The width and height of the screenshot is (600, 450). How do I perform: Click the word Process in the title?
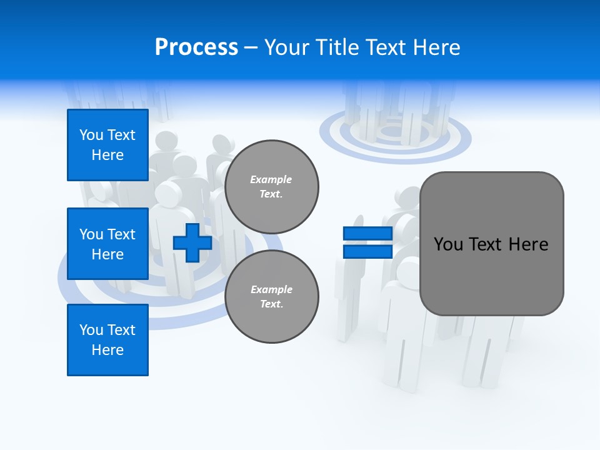pyautogui.click(x=196, y=47)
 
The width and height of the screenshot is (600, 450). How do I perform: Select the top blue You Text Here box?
pyautogui.click(x=107, y=145)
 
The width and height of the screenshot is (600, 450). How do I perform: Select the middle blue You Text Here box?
pyautogui.click(x=107, y=244)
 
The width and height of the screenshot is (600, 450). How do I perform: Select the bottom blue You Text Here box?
pyautogui.click(x=107, y=340)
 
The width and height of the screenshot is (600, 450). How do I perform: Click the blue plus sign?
pyautogui.click(x=192, y=242)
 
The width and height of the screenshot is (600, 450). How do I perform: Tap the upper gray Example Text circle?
pyautogui.click(x=271, y=186)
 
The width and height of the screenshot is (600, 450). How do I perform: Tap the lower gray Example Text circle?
pyautogui.click(x=271, y=296)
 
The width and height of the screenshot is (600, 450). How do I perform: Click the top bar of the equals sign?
pyautogui.click(x=367, y=234)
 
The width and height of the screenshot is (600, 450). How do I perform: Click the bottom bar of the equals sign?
pyautogui.click(x=367, y=251)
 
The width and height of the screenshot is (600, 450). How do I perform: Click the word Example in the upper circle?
pyautogui.click(x=271, y=179)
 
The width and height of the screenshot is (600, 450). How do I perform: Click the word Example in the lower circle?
pyautogui.click(x=271, y=289)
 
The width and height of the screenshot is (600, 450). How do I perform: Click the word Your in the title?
pyautogui.click(x=285, y=47)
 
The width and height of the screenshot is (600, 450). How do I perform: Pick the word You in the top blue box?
pyautogui.click(x=91, y=135)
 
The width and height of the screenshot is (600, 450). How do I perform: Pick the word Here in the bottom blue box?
pyautogui.click(x=107, y=350)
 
